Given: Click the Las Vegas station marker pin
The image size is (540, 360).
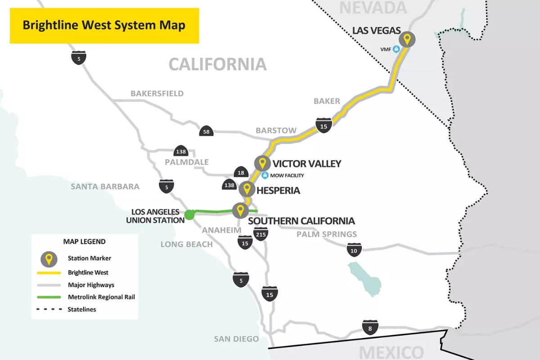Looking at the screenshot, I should pos(407,40).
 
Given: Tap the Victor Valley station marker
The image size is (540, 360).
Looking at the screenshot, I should pos(262,163).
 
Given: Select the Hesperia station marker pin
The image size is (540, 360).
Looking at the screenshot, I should pos(247,189).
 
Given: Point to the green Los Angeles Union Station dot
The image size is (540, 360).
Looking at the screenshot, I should pos(189,215).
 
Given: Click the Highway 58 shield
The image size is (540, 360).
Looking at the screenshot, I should pos(206,131).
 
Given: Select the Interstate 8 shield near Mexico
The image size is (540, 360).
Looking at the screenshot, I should pos(370,328).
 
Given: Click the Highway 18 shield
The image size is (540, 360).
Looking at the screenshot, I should pos(240,172).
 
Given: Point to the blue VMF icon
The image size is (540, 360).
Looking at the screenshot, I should pos(396,49).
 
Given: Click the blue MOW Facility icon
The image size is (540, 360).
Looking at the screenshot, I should pos(265,175).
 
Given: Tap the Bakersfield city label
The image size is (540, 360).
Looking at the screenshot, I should pos(157,94).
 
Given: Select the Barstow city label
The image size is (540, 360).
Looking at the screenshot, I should pos(276,130).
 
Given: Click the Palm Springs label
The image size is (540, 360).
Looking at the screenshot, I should pos(326,234).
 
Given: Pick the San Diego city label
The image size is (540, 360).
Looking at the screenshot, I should pos(236,339).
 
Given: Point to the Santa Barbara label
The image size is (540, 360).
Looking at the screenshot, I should pos(105,186).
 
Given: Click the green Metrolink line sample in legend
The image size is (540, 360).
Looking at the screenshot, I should pos(51,297).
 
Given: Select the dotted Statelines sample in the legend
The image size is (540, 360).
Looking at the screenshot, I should pos(51,309).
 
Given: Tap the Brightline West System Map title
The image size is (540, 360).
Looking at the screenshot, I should pos(104,25).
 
